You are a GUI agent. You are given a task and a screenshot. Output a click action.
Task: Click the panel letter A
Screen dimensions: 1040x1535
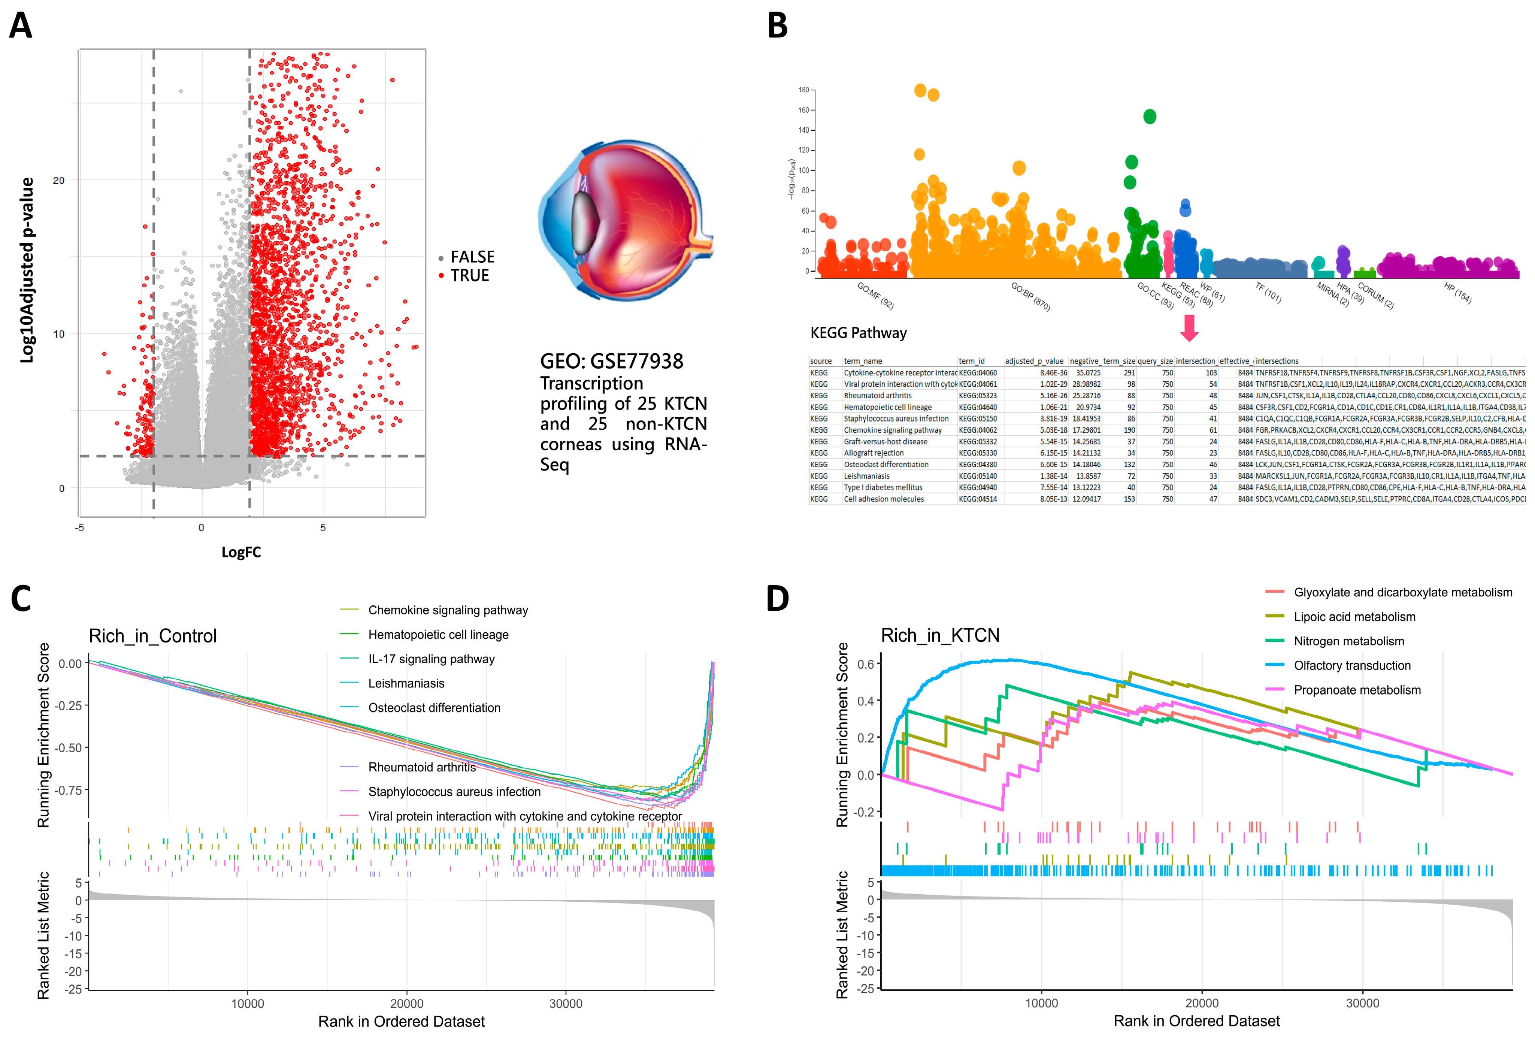(x=21, y=27)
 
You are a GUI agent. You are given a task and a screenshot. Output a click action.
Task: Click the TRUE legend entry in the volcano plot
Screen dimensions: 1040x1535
(x=469, y=275)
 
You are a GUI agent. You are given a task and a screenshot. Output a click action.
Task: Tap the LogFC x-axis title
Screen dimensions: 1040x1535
(x=241, y=552)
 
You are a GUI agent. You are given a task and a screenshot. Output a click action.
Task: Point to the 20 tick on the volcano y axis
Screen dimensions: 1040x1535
(x=59, y=180)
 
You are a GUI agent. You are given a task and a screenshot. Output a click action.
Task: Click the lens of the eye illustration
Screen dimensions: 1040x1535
(x=585, y=221)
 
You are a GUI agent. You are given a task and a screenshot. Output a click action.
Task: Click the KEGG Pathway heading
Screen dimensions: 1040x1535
(x=858, y=333)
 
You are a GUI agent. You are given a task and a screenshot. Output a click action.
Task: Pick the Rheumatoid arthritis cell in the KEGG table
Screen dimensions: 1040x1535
(x=877, y=396)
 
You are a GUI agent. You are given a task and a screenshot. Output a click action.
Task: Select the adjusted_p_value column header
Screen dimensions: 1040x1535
(x=1034, y=362)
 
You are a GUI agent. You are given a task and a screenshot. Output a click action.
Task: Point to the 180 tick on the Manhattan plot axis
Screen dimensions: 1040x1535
(x=803, y=90)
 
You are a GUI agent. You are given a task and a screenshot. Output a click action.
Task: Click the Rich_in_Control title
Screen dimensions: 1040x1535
(x=152, y=636)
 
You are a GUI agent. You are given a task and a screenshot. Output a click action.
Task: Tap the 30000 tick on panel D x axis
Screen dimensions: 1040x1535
(x=1362, y=1003)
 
